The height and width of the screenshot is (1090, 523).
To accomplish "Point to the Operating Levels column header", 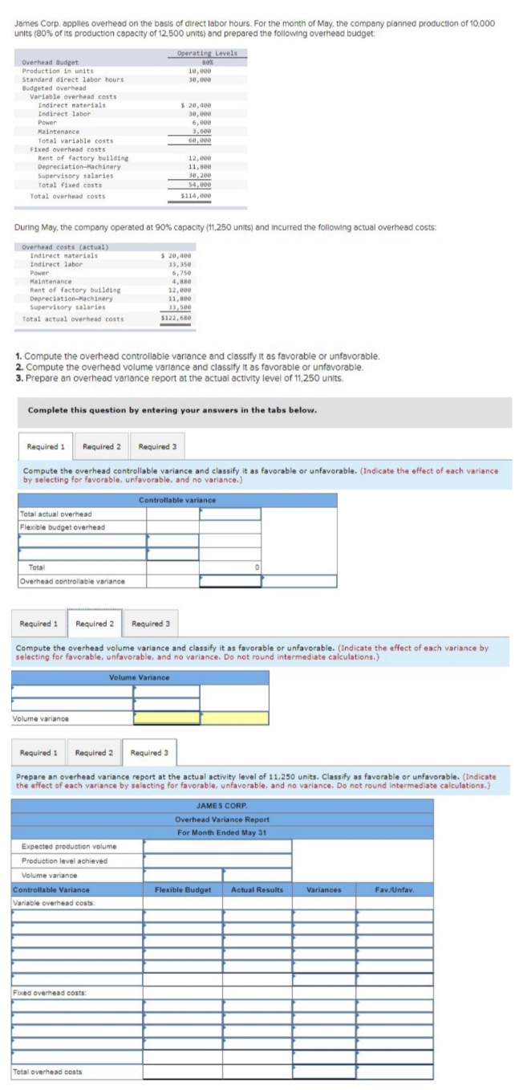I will pyautogui.click(x=206, y=53).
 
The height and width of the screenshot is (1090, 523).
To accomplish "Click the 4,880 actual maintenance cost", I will pyautogui.click(x=179, y=282).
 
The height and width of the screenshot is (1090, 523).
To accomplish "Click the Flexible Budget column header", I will pyautogui.click(x=183, y=890).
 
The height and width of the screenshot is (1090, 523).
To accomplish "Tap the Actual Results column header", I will pyautogui.click(x=257, y=890).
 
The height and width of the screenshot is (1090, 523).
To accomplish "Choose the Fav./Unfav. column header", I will pyautogui.click(x=394, y=890).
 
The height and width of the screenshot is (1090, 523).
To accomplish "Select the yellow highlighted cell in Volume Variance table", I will pyautogui.click(x=166, y=718).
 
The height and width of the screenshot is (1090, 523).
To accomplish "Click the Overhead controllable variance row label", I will pyautogui.click(x=71, y=580).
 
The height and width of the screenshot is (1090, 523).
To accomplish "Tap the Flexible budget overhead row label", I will pyautogui.click(x=63, y=527).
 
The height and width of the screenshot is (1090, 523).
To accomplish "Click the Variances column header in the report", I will pyautogui.click(x=323, y=890).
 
